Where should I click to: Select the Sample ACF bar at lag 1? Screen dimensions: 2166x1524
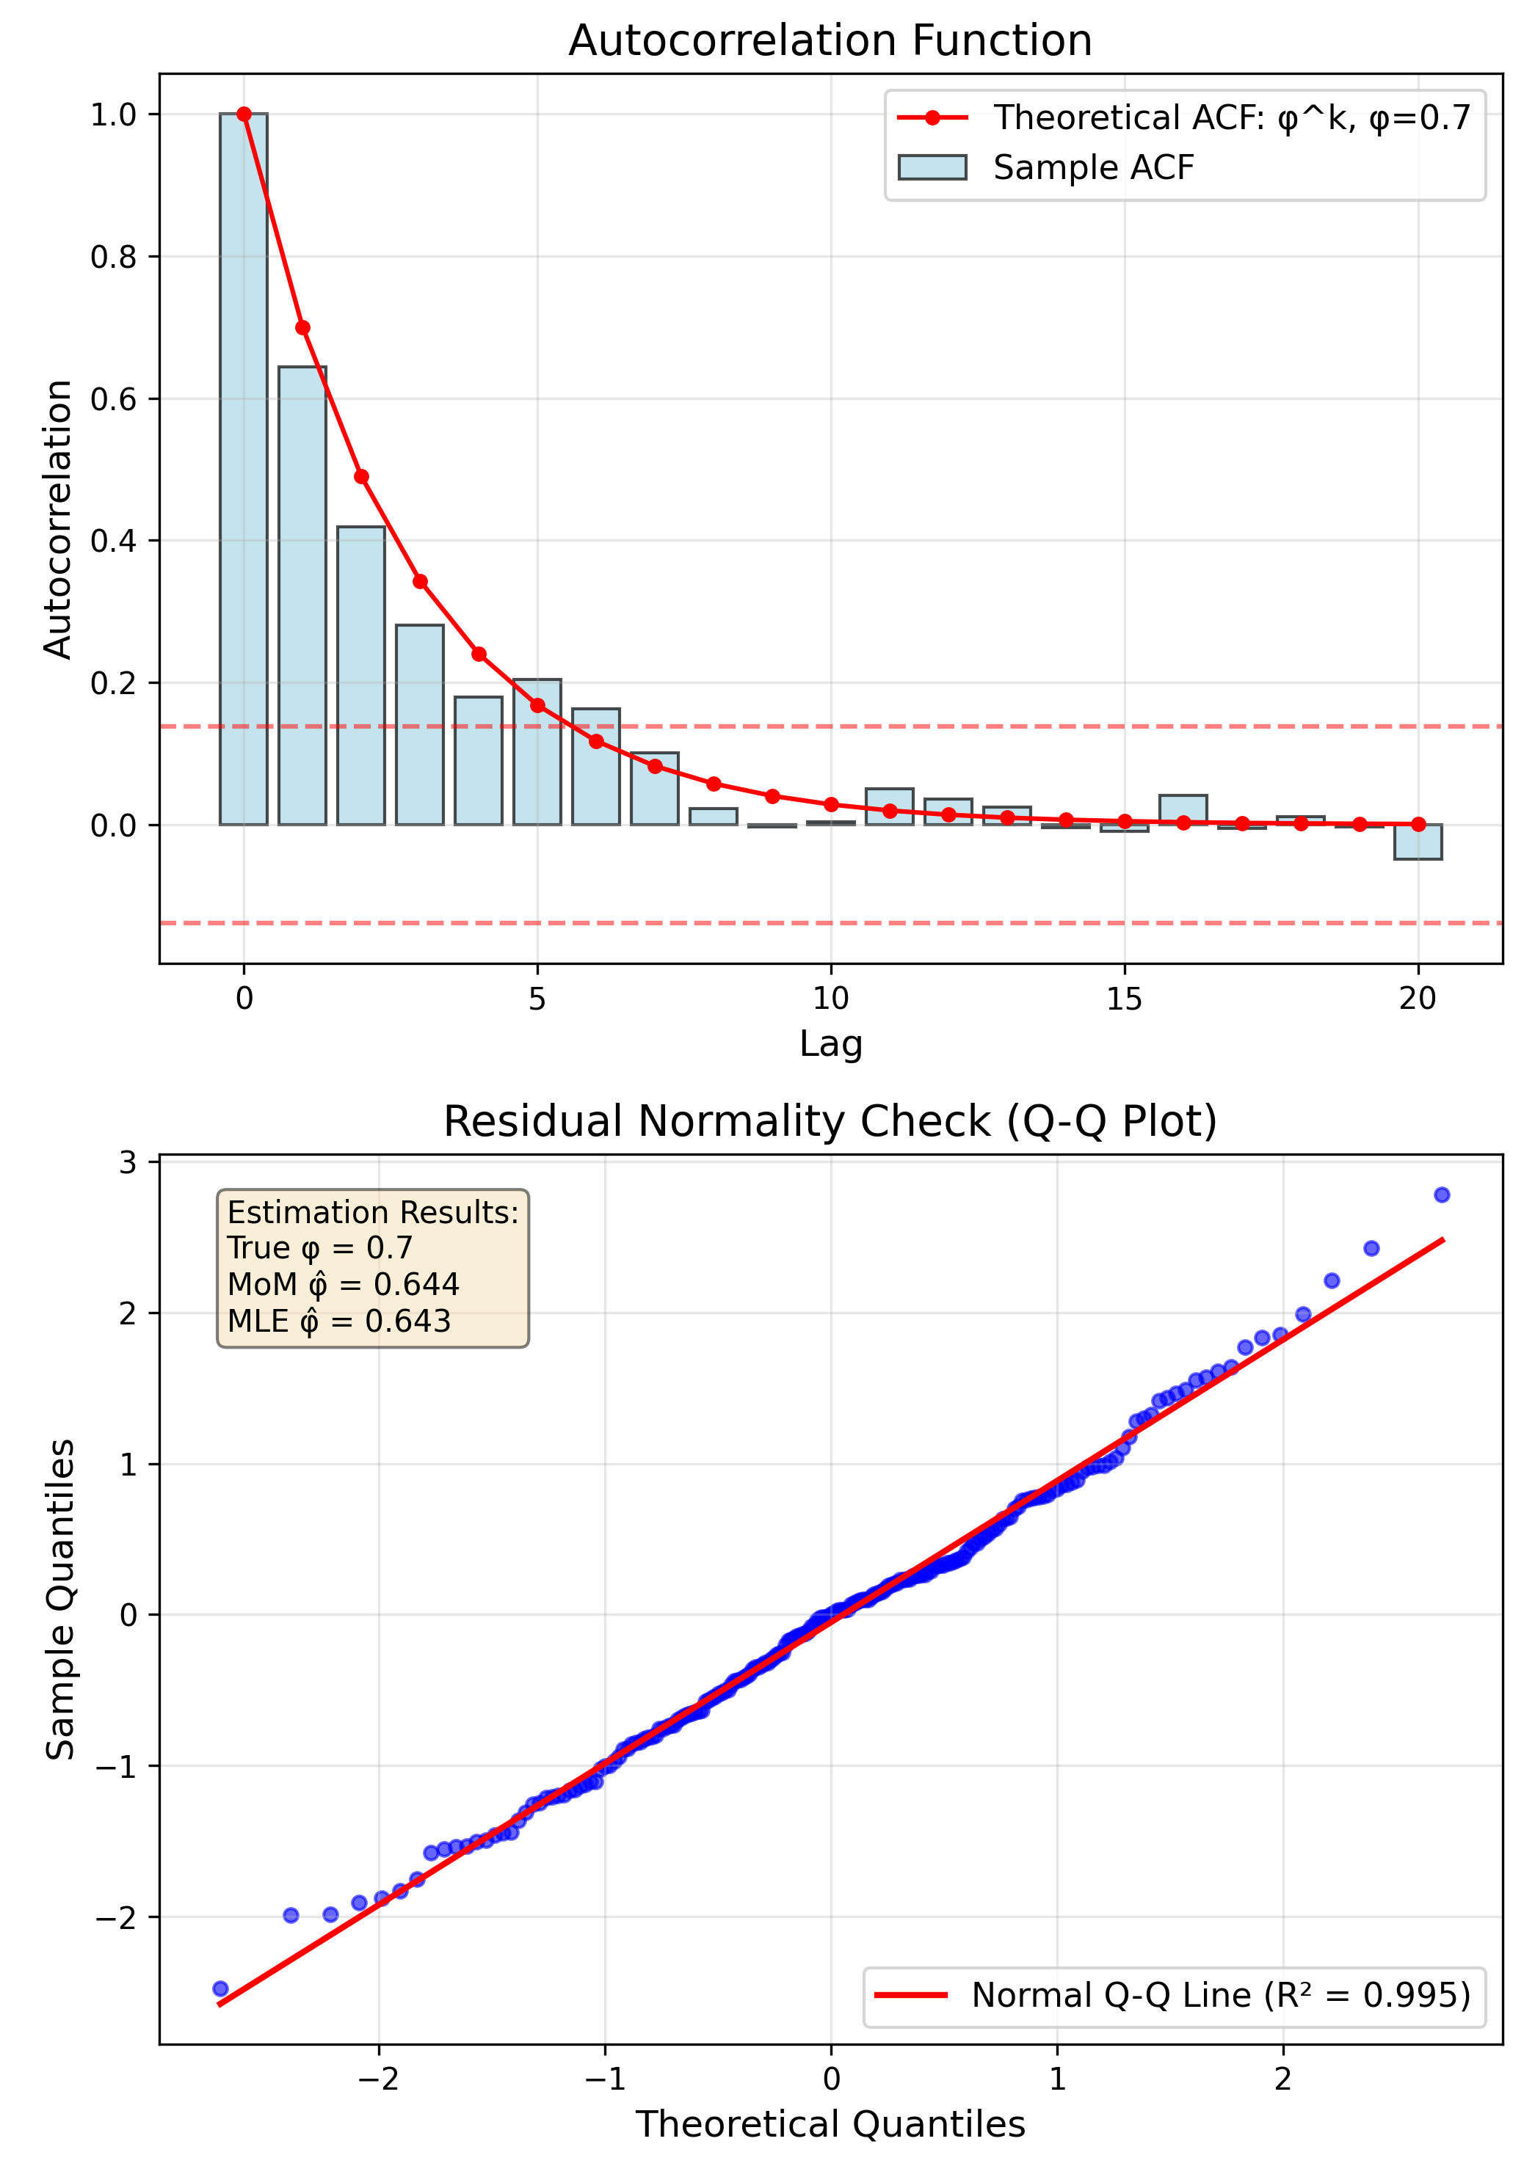(302, 595)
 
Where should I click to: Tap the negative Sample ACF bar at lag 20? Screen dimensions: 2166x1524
(1418, 842)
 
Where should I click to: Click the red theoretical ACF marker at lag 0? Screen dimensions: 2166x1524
(244, 114)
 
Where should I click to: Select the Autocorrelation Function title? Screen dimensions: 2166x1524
(830, 40)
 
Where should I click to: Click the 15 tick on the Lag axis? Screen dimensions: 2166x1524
(1124, 998)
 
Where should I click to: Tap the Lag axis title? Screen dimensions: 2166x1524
(830, 1043)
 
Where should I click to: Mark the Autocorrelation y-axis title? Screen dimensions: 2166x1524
(59, 519)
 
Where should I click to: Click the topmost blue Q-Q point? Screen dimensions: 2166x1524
(1441, 1195)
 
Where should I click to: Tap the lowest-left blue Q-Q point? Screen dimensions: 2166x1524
(221, 1988)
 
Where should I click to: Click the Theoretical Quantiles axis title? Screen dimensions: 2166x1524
(830, 2124)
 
